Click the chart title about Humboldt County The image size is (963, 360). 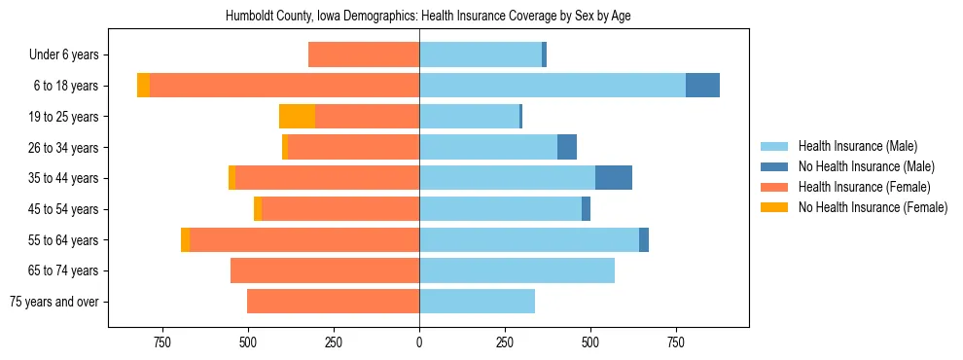tap(429, 17)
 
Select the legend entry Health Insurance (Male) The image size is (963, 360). tap(857, 146)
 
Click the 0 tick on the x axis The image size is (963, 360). tap(419, 342)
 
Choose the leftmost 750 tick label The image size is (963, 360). tap(162, 342)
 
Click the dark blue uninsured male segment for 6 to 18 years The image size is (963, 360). tap(702, 86)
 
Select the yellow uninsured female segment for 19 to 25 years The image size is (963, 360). tap(297, 117)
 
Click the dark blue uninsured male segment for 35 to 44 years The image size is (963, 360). tap(614, 178)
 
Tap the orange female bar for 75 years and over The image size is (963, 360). tap(333, 302)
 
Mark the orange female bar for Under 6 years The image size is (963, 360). tap(364, 55)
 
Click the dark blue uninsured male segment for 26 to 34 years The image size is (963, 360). tap(567, 148)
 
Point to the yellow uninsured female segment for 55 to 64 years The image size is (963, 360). tap(185, 240)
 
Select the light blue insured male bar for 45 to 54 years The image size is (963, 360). tap(500, 209)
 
